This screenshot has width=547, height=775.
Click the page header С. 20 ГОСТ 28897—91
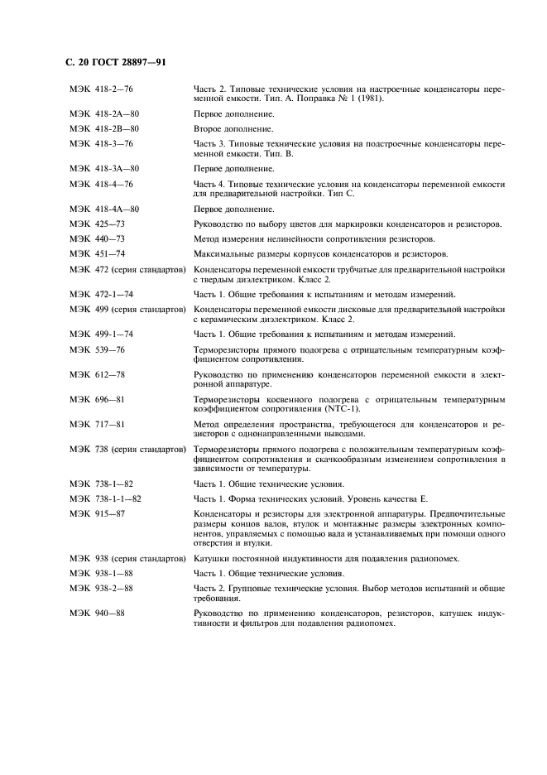(x=115, y=63)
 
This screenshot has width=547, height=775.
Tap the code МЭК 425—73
(x=98, y=224)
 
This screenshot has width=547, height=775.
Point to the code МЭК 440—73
(x=98, y=238)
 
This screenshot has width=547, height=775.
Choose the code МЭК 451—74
(x=98, y=253)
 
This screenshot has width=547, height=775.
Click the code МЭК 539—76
(x=98, y=349)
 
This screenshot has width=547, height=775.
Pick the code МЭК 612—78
(x=98, y=374)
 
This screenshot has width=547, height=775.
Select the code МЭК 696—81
(x=98, y=399)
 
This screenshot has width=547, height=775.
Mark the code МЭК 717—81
(x=98, y=424)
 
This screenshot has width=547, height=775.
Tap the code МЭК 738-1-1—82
(x=106, y=498)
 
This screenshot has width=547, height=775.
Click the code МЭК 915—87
(x=98, y=513)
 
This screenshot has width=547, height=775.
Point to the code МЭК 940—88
(x=98, y=613)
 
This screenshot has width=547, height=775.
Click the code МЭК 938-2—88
(x=102, y=588)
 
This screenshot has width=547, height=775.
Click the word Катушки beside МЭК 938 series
(x=212, y=558)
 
